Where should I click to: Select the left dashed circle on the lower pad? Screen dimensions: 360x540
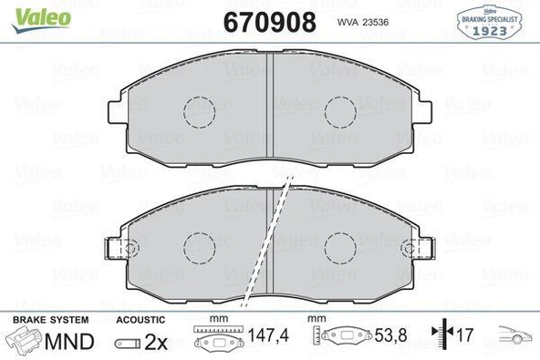[x=198, y=244]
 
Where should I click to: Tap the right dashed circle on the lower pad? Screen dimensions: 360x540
[x=340, y=244]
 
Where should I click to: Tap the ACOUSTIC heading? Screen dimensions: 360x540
[x=140, y=320]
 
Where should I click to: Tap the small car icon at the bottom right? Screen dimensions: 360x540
[x=513, y=337]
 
